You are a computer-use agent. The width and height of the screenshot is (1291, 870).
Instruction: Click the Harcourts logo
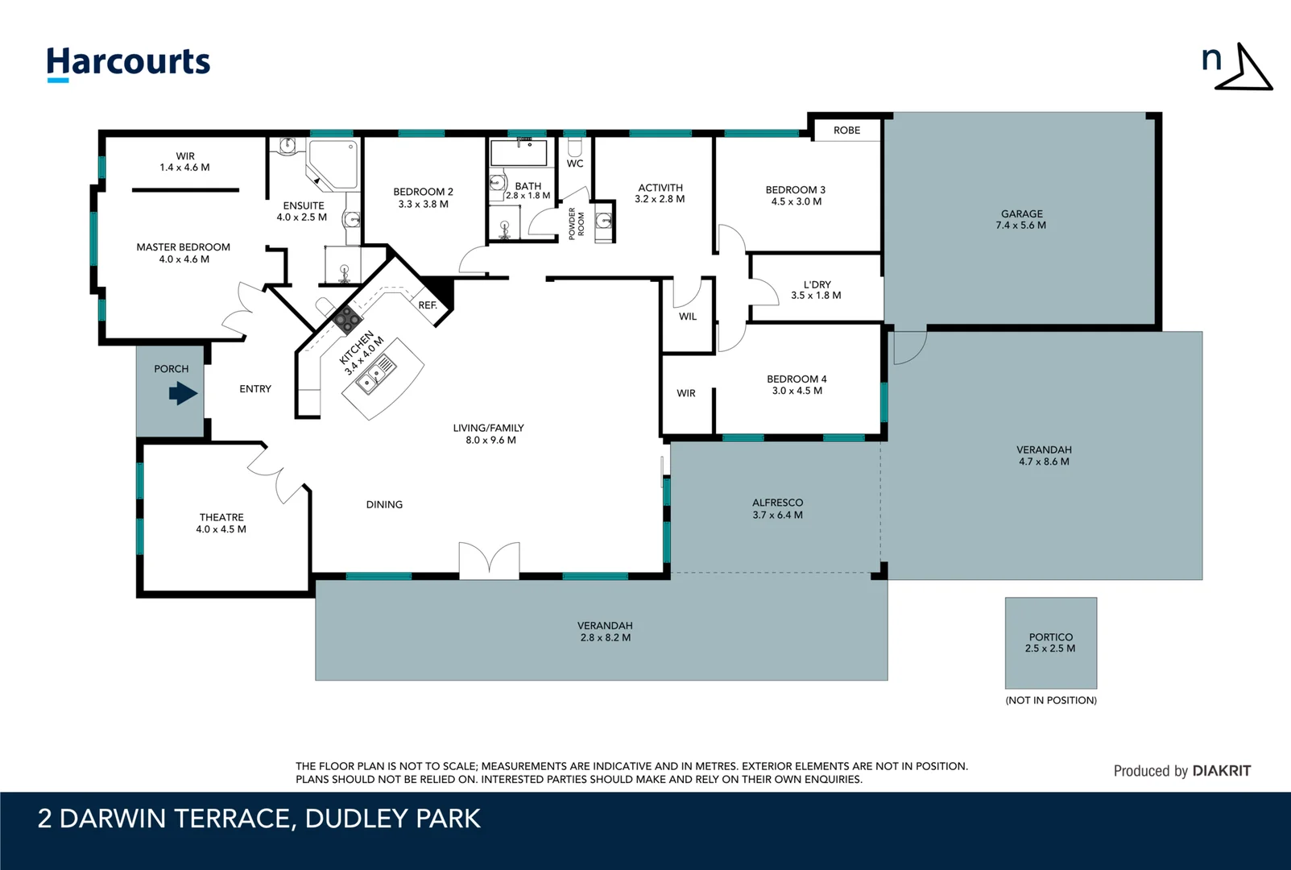(128, 64)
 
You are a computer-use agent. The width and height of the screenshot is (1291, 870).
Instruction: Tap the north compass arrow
(1244, 68)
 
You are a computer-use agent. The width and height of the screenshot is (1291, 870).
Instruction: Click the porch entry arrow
(184, 394)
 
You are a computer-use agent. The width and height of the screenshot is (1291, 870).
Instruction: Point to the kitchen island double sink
(376, 375)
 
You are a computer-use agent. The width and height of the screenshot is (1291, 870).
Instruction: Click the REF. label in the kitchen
(428, 305)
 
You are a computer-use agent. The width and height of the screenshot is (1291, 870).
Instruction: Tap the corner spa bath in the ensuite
(333, 165)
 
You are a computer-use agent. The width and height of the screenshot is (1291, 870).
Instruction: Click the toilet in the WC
(574, 147)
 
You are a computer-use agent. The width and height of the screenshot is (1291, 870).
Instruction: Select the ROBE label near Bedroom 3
(846, 130)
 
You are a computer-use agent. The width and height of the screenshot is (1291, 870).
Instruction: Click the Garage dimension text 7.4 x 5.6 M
(1020, 226)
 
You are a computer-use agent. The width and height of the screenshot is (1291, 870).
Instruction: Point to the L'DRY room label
(817, 284)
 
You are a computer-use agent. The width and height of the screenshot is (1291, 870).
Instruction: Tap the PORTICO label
(1051, 637)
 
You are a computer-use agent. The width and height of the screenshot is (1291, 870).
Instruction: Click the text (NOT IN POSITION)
(1051, 701)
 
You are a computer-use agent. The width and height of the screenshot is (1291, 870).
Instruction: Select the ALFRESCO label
(777, 503)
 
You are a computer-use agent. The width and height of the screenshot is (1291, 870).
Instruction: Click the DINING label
(384, 504)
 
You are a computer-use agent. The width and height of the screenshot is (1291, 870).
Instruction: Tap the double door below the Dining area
(490, 560)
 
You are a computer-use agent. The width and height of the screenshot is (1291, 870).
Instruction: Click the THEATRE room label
(221, 517)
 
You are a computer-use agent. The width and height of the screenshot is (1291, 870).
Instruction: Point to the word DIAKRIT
(1221, 771)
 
